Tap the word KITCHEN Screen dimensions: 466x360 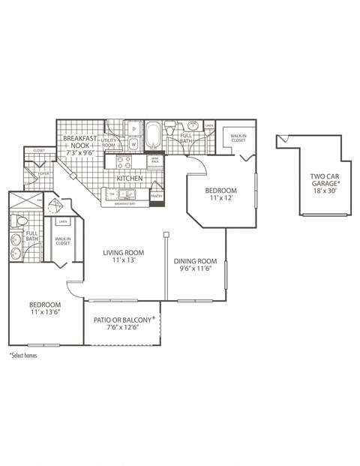click(x=129, y=179)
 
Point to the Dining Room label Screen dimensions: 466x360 click(x=199, y=265)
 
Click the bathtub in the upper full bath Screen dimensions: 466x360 click(x=154, y=136)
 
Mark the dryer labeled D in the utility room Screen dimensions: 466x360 click(x=133, y=128)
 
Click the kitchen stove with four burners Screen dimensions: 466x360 click(x=121, y=160)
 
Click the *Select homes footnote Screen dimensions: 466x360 click(x=23, y=355)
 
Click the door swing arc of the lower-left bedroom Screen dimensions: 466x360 click(x=73, y=288)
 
